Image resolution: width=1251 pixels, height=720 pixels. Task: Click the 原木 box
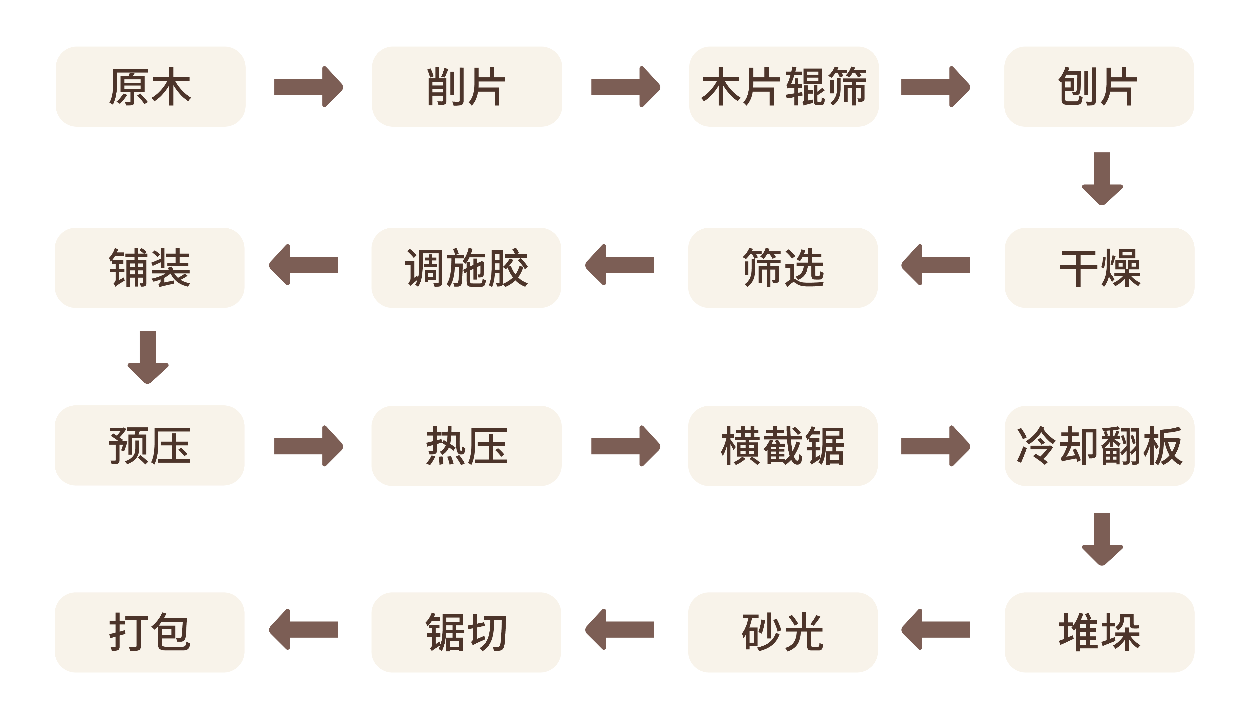click(x=150, y=86)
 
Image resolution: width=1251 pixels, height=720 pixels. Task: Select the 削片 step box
click(x=467, y=86)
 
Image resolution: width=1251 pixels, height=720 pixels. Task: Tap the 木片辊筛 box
click(x=784, y=86)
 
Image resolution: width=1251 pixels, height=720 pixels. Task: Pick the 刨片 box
click(x=1099, y=86)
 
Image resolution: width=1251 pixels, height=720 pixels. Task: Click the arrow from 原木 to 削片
click(x=309, y=86)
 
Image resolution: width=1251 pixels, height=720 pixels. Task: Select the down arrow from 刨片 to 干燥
click(x=1102, y=179)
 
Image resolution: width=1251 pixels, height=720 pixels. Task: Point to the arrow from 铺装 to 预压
click(x=148, y=357)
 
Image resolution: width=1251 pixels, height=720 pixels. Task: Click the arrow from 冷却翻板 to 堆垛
click(x=1102, y=539)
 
